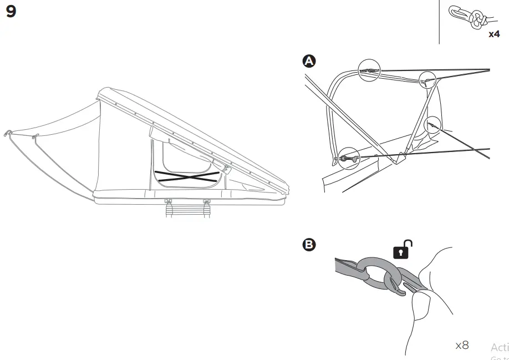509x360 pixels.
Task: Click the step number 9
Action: click(x=11, y=12)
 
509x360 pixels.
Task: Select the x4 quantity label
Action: click(x=493, y=34)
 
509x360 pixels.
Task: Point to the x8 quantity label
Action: click(x=462, y=346)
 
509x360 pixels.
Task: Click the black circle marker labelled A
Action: click(x=309, y=61)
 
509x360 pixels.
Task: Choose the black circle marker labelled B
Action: click(x=309, y=245)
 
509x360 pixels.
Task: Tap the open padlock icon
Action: click(x=403, y=250)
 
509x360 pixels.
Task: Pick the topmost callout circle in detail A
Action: click(x=369, y=70)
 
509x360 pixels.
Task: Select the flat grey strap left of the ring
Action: click(x=347, y=266)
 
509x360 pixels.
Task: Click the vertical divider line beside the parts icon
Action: click(x=439, y=22)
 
